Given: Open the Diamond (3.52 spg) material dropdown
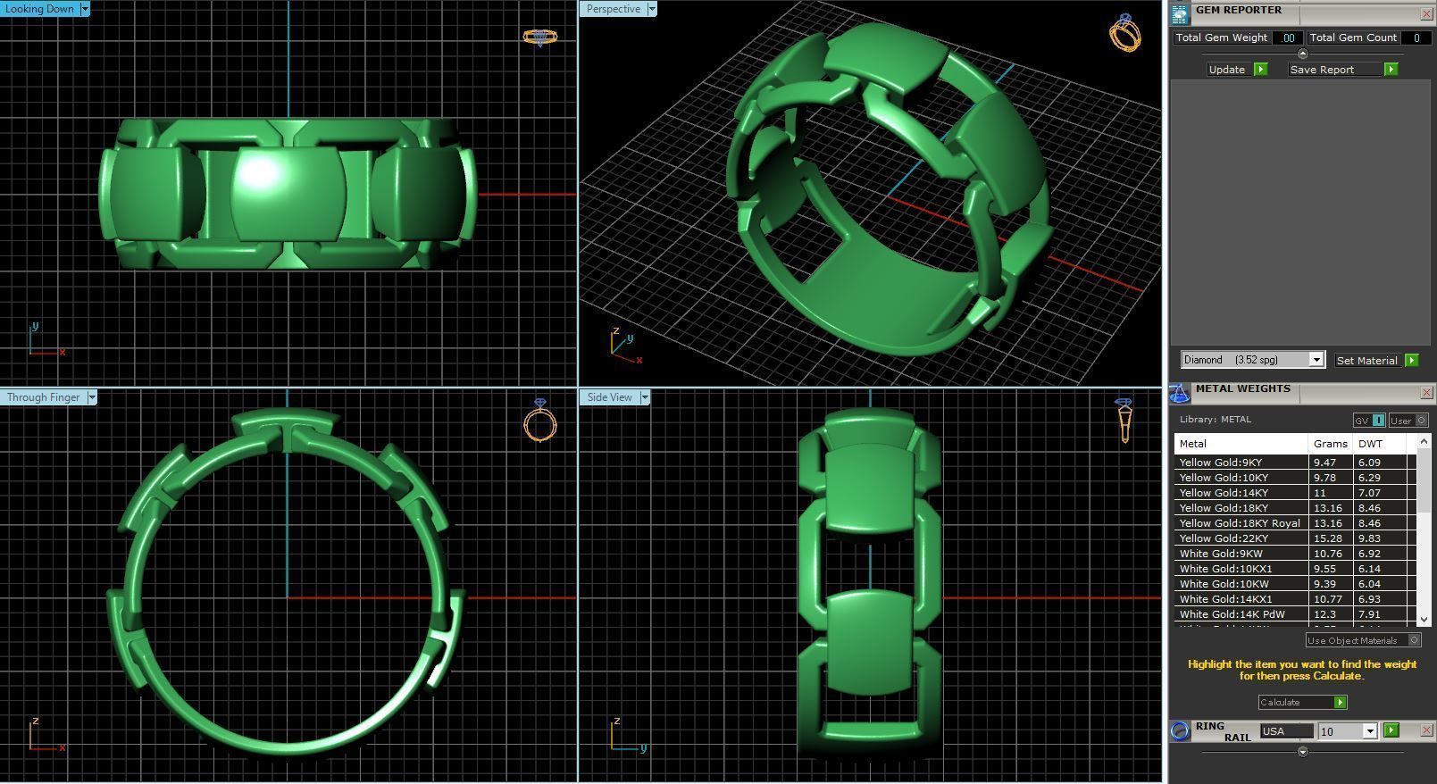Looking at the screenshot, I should click(x=1316, y=360).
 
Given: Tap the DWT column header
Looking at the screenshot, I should click(x=1370, y=444).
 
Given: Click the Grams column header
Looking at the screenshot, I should click(x=1330, y=444).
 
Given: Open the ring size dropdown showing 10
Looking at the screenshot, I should click(x=1369, y=731).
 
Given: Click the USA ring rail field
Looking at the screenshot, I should click(x=1286, y=731).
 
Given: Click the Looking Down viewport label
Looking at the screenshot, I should click(x=40, y=9).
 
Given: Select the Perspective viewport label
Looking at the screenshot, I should click(x=614, y=9).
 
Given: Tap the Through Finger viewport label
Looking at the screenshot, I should click(x=44, y=397).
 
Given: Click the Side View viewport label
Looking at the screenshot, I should click(x=610, y=397).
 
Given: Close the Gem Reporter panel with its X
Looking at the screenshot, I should click(x=1426, y=14).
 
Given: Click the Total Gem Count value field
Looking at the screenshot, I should click(x=1416, y=38).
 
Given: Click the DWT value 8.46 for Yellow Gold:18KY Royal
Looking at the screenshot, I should click(x=1369, y=523).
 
